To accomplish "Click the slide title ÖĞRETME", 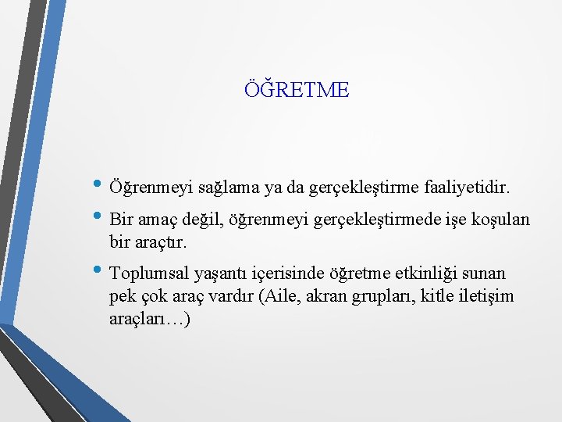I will pyautogui.click(x=297, y=90).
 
